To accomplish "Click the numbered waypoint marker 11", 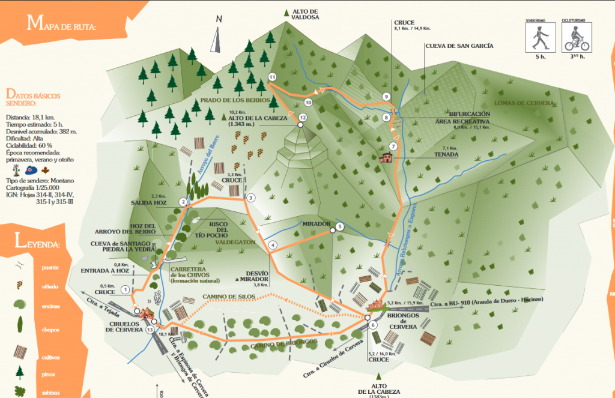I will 272,77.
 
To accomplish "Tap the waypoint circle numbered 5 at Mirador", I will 339,226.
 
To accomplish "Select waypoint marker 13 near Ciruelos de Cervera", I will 150,329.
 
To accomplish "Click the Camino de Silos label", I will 229,296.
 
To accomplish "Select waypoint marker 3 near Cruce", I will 250,197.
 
